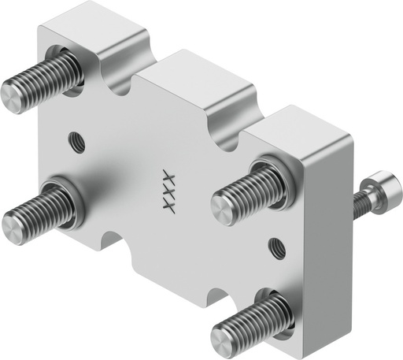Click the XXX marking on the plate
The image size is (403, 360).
click(167, 191)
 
